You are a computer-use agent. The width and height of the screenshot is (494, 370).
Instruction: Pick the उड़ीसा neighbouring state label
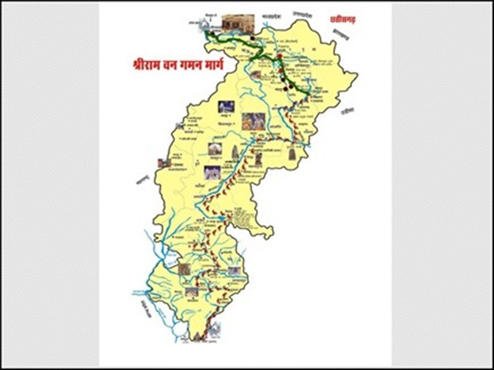tap(347, 112)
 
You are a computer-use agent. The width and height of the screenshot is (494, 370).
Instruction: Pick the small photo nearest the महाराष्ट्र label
tap(164, 163)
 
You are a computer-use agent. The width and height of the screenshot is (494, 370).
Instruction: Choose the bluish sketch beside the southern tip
tap(214, 331)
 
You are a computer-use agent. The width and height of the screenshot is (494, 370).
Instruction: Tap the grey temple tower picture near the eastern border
tap(291, 152)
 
